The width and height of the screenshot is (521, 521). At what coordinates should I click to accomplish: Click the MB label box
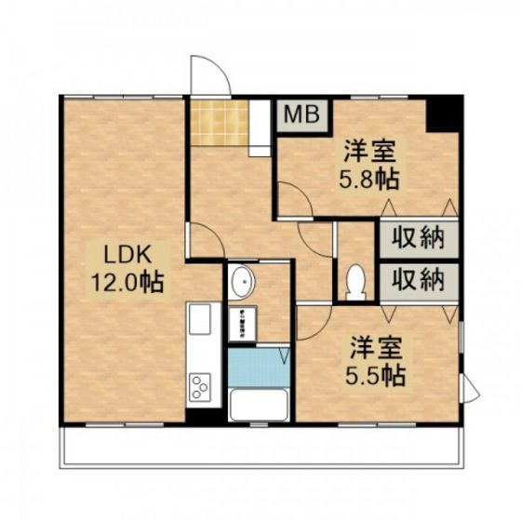[x=301, y=115]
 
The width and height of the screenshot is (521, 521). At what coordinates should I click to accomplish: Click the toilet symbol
[x=354, y=281]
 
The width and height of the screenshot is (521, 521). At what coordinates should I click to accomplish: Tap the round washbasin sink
[x=245, y=280]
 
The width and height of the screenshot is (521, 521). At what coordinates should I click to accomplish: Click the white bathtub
[x=259, y=406]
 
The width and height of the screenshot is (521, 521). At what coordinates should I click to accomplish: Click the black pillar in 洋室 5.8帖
[x=443, y=114]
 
